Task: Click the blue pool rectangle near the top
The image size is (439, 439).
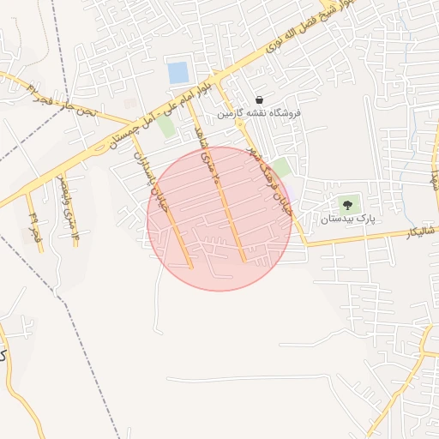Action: [x=177, y=73]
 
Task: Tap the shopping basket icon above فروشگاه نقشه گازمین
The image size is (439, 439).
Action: [x=259, y=99]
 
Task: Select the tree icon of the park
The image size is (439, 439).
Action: [x=347, y=205]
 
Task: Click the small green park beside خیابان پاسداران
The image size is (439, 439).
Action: [x=165, y=126]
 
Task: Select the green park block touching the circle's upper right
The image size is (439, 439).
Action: [x=280, y=168]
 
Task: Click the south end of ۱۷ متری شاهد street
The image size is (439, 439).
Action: [x=244, y=260]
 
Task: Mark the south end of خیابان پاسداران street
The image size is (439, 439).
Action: [x=190, y=267]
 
